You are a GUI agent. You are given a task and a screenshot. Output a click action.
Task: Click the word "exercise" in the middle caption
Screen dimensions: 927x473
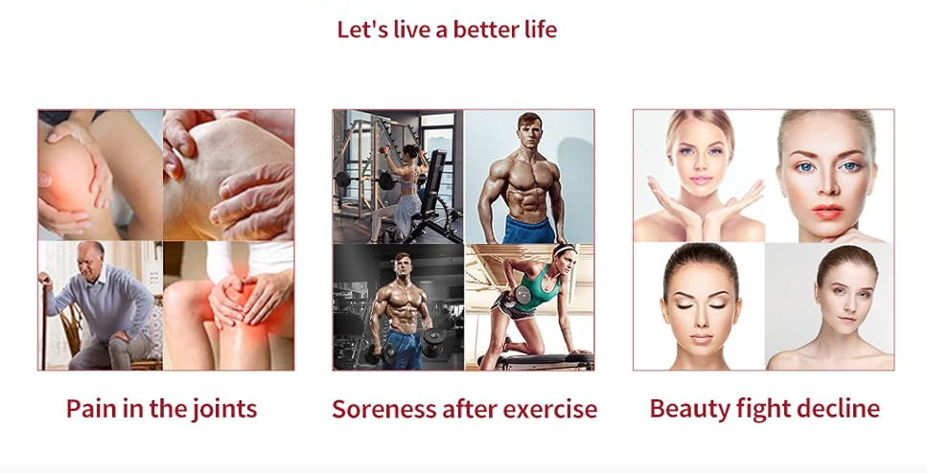click(x=555, y=409)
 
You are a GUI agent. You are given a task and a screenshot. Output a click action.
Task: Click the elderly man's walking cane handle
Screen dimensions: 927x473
click(x=43, y=278)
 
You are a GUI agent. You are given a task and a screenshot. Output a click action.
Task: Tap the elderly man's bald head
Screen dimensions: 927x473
click(x=90, y=249)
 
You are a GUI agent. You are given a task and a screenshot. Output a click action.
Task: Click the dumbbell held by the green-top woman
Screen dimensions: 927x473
click(x=522, y=294)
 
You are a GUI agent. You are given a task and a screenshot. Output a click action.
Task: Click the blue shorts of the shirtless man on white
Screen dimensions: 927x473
click(x=528, y=230)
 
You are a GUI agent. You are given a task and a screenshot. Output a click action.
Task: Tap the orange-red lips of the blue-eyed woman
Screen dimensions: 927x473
click(x=827, y=212)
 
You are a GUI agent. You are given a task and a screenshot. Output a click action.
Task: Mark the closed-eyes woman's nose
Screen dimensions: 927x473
click(x=702, y=318)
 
